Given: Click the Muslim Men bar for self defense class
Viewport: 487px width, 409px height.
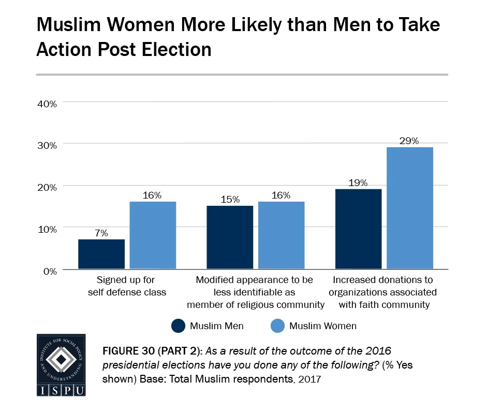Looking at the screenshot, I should pyautogui.click(x=101, y=254).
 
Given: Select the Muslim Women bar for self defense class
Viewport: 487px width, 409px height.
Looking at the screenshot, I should pyautogui.click(x=153, y=235).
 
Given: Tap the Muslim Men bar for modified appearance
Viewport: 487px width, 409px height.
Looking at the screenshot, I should pyautogui.click(x=230, y=237).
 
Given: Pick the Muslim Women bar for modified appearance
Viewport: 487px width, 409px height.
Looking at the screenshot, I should pyautogui.click(x=281, y=235).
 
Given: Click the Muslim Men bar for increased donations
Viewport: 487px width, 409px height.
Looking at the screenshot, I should pyautogui.click(x=358, y=229).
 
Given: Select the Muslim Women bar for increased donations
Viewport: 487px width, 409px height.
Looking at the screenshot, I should pyautogui.click(x=409, y=208).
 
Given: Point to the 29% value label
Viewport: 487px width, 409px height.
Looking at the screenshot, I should pyautogui.click(x=409, y=140).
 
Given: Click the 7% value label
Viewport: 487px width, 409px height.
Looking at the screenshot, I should pyautogui.click(x=101, y=233).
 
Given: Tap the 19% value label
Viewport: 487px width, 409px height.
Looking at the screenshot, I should pyautogui.click(x=358, y=182).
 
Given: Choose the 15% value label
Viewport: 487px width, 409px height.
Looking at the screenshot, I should pyautogui.click(x=230, y=200).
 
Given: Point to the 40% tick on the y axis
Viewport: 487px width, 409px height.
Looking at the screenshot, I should pyautogui.click(x=47, y=103).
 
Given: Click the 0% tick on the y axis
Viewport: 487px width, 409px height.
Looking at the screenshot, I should pyautogui.click(x=49, y=271).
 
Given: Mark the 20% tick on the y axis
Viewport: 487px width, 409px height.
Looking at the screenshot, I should pyautogui.click(x=47, y=187).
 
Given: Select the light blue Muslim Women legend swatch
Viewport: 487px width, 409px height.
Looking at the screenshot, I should pyautogui.click(x=276, y=326).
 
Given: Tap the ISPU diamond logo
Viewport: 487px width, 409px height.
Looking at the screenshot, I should pyautogui.click(x=62, y=359).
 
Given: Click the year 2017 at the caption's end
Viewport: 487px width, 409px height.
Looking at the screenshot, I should pyautogui.click(x=311, y=379).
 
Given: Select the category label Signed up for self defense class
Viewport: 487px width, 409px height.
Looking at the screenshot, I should pyautogui.click(x=127, y=286).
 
